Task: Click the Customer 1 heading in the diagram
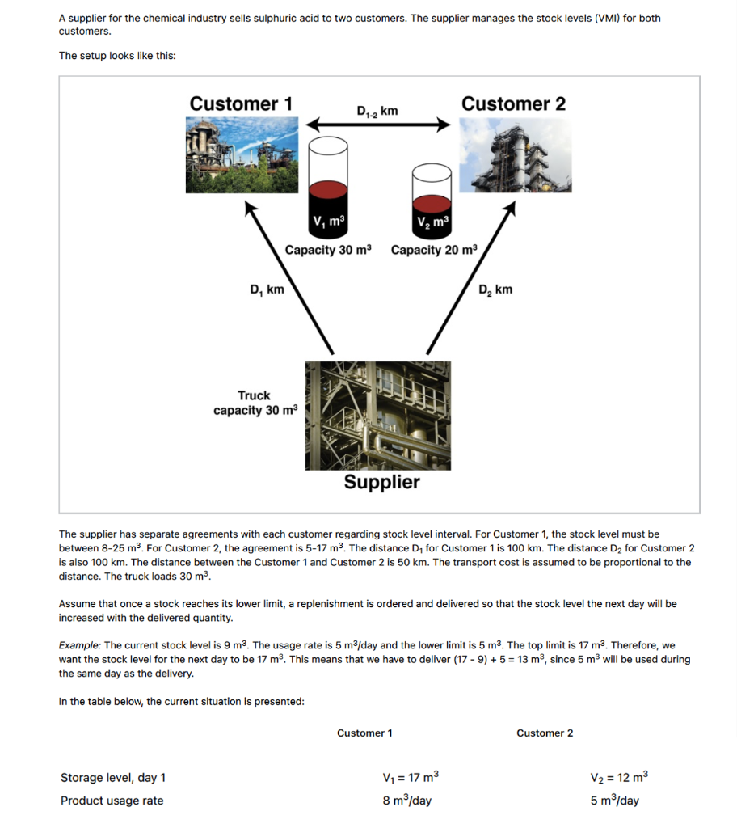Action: (x=241, y=103)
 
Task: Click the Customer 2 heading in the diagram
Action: (x=513, y=103)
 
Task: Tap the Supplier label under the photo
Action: (x=381, y=482)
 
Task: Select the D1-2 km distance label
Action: (x=377, y=110)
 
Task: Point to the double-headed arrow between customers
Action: (x=377, y=125)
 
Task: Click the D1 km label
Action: (x=267, y=289)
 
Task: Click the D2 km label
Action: (x=495, y=289)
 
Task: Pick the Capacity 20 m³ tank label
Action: (x=434, y=250)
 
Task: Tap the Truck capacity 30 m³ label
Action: (x=255, y=403)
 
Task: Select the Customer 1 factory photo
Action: (x=242, y=155)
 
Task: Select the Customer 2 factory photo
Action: (x=515, y=155)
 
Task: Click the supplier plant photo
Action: (x=377, y=415)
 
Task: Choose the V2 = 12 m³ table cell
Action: (x=619, y=778)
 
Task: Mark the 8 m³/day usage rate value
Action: (x=406, y=801)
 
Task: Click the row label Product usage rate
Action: (x=112, y=801)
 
